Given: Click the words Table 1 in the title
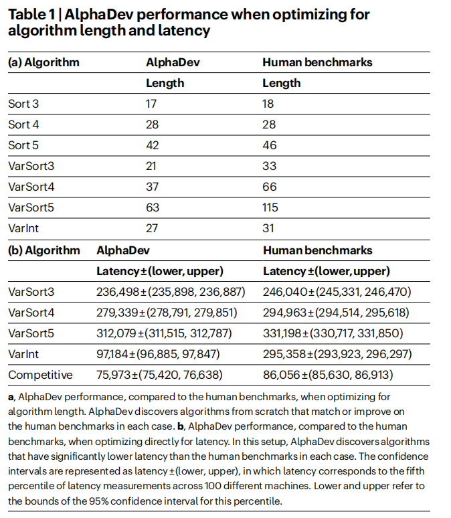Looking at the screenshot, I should pos(31,15).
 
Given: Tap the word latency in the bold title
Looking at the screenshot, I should pos(189,31).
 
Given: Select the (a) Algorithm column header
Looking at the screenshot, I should pos(43,62).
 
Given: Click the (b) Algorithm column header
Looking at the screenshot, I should pos(43,250).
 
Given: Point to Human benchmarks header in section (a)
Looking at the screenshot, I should pos(317,62).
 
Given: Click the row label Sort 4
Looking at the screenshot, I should pos(19,124).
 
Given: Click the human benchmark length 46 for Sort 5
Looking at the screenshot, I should pos(269,145).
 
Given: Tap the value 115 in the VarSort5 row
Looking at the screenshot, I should pos(272,207).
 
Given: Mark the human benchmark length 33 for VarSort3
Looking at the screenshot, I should pos(269,166).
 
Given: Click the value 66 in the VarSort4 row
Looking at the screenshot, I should pos(269,187).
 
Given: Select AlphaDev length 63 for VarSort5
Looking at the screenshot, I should pos(153,207).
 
